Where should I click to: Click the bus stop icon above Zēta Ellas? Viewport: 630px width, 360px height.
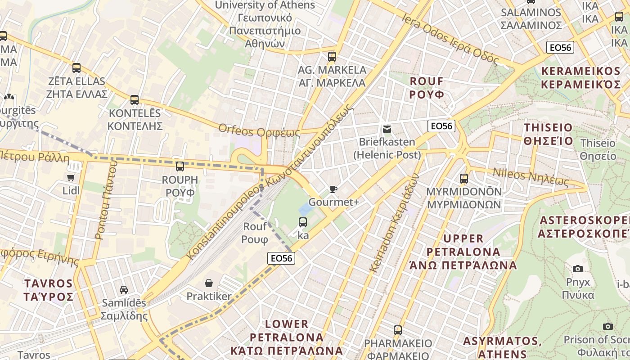76,68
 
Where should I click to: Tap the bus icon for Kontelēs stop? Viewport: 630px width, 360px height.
135,100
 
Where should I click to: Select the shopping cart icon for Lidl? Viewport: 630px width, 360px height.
71,177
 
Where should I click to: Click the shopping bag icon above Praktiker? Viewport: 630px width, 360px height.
209,283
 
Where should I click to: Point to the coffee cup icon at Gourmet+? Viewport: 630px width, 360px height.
333,189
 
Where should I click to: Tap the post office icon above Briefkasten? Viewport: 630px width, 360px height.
387,130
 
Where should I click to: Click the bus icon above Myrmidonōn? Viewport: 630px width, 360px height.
464,178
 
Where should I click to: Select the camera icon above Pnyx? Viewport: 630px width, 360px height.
578,269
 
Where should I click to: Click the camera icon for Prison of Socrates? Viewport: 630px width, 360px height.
608,326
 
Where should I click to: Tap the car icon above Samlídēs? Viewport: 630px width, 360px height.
124,289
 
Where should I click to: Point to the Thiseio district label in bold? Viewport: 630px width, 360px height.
549,134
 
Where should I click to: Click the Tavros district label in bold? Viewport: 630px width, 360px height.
49,290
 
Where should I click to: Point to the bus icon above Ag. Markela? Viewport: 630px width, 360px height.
332,57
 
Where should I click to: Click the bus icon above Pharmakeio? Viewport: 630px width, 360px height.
397,330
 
